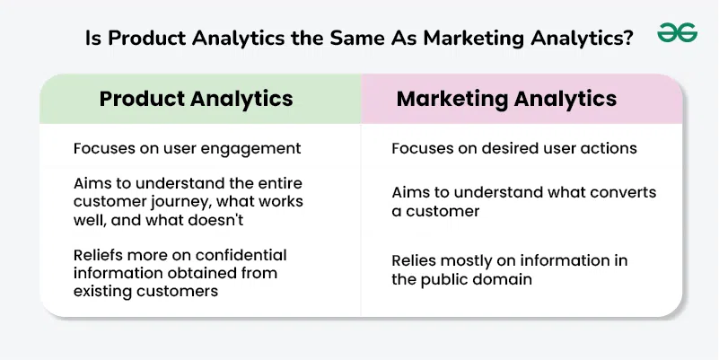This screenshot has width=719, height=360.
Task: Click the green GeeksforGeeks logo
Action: (x=678, y=33)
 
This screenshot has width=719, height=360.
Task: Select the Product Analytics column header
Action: (x=197, y=99)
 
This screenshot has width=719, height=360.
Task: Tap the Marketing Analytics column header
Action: (x=506, y=99)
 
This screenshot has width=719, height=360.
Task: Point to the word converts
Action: (x=625, y=193)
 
